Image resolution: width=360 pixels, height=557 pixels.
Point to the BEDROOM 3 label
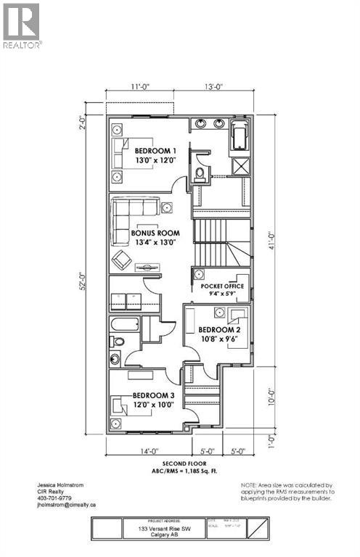(x=153, y=395)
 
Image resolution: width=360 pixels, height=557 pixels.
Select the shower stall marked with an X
(x=239, y=166)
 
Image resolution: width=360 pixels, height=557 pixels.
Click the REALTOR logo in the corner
(x=22, y=25)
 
